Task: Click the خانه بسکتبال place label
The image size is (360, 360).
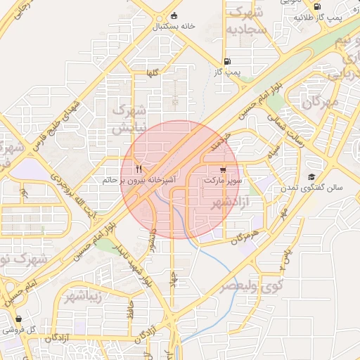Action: coord(174,26)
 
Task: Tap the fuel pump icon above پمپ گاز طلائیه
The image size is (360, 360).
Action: coord(317,6)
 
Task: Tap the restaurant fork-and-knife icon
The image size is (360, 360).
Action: coord(139,169)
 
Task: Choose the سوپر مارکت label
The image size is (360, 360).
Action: coord(223,181)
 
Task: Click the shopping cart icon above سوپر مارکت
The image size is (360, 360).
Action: coord(223,169)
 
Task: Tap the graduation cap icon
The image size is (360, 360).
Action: coord(311,176)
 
